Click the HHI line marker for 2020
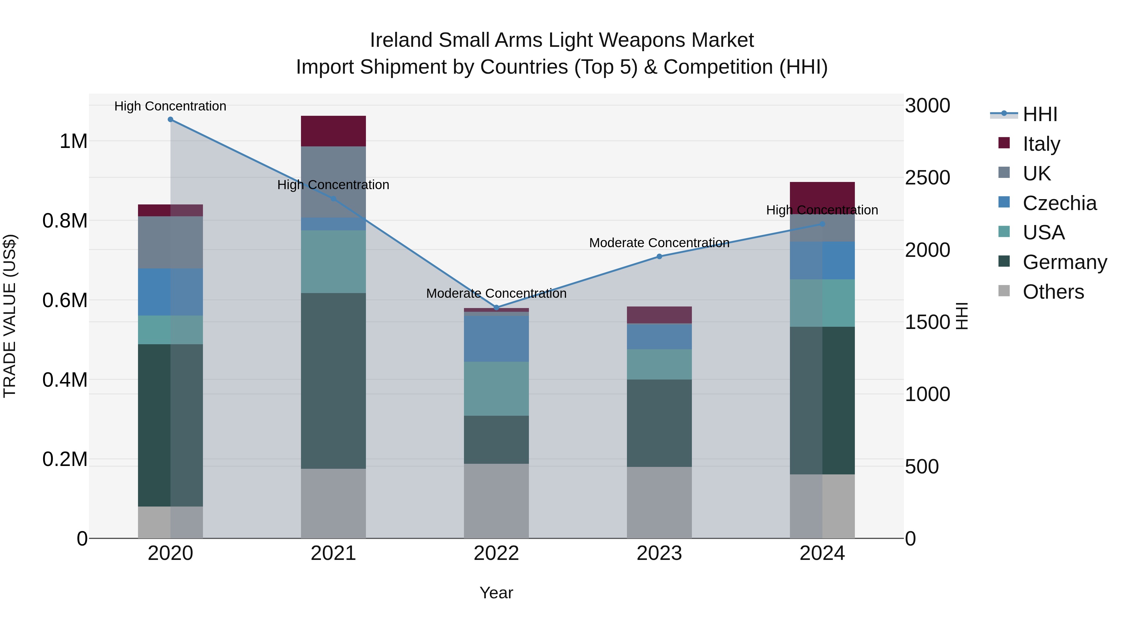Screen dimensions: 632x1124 [x=170, y=120]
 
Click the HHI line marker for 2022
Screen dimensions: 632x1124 [x=496, y=307]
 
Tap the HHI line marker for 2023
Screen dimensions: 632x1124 [x=659, y=257]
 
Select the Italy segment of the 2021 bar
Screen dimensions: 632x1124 [x=333, y=131]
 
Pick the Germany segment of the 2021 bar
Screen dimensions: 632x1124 [x=333, y=380]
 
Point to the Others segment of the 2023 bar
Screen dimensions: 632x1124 [x=659, y=502]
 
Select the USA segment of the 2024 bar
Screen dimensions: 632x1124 [x=822, y=303]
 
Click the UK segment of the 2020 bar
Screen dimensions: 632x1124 [x=170, y=242]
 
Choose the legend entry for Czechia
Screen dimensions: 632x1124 [x=1059, y=203]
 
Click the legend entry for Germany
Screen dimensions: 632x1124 [x=1064, y=262]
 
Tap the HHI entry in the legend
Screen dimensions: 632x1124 [x=1039, y=114]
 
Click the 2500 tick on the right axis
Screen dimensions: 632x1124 [x=927, y=178]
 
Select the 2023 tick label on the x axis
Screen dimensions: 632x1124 [x=659, y=553]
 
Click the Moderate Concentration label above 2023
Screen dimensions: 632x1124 [x=659, y=243]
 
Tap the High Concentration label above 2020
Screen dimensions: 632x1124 [x=170, y=106]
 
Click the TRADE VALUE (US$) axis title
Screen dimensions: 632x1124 [x=10, y=316]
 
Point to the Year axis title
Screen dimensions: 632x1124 [x=496, y=593]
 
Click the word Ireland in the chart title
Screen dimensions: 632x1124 [x=402, y=40]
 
